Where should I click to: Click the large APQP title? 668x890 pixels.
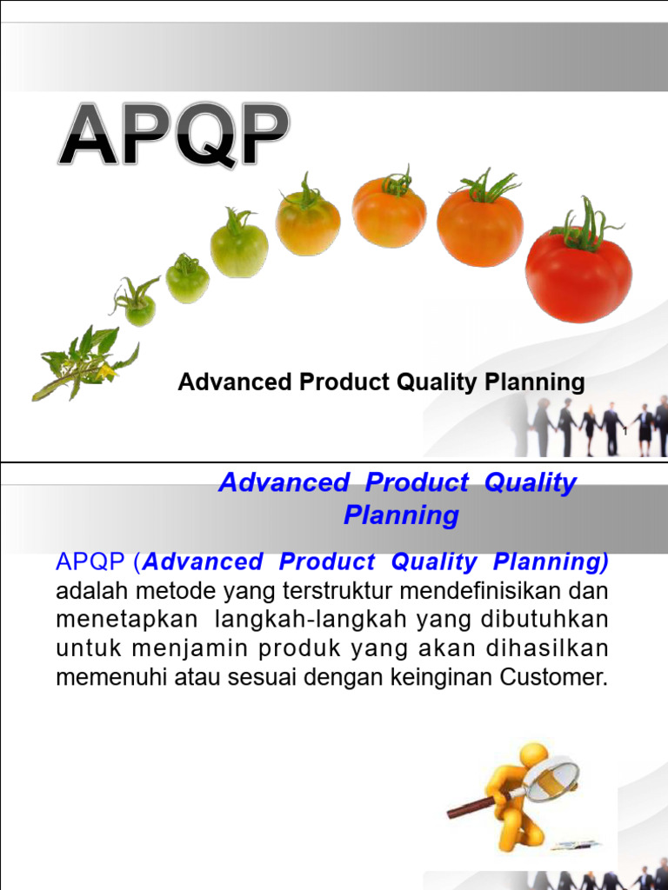pyautogui.click(x=174, y=136)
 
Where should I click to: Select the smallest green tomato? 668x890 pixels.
pyautogui.click(x=138, y=308)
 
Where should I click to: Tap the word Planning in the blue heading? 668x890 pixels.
pyautogui.click(x=401, y=515)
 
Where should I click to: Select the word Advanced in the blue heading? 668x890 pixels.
pyautogui.click(x=284, y=483)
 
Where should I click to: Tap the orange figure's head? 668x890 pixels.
pyautogui.click(x=532, y=754)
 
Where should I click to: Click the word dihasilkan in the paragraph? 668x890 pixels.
pyautogui.click(x=559, y=648)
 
